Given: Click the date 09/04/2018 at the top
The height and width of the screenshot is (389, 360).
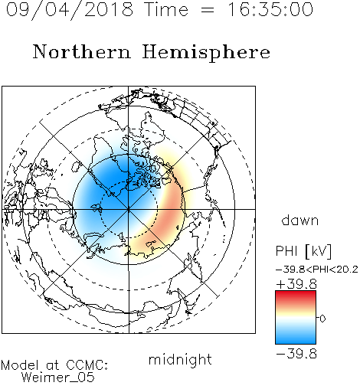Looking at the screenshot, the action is pyautogui.click(x=70, y=10).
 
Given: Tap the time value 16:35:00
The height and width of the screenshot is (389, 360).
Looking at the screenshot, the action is pyautogui.click(x=270, y=9).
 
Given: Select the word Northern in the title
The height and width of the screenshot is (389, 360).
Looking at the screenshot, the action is pyautogui.click(x=82, y=51).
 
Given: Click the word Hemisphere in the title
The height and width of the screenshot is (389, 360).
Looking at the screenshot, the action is pyautogui.click(x=206, y=53).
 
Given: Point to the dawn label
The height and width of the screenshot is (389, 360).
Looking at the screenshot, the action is pyautogui.click(x=300, y=220).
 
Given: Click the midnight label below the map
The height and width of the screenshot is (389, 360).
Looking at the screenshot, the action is pyautogui.click(x=180, y=359).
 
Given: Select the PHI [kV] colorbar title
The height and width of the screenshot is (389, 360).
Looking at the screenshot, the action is pyautogui.click(x=303, y=250).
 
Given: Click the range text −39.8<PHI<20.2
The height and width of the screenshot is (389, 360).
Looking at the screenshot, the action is pyautogui.click(x=317, y=270).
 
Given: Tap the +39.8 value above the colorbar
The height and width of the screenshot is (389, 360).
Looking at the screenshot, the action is pyautogui.click(x=296, y=284).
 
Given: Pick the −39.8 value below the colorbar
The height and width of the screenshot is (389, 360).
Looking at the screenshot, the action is pyautogui.click(x=296, y=354).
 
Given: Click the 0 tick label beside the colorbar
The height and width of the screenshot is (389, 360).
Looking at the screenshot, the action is pyautogui.click(x=322, y=319).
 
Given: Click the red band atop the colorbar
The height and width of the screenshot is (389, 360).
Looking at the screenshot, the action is pyautogui.click(x=296, y=296).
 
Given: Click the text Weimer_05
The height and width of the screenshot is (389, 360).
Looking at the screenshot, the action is pyautogui.click(x=58, y=377).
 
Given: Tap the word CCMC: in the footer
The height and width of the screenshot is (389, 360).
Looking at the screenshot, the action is pyautogui.click(x=87, y=365).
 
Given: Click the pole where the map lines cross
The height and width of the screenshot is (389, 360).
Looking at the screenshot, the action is pyautogui.click(x=129, y=209).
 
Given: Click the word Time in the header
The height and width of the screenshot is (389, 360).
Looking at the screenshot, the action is pyautogui.click(x=166, y=9).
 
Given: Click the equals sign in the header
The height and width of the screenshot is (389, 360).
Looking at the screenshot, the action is pyautogui.click(x=208, y=11).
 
